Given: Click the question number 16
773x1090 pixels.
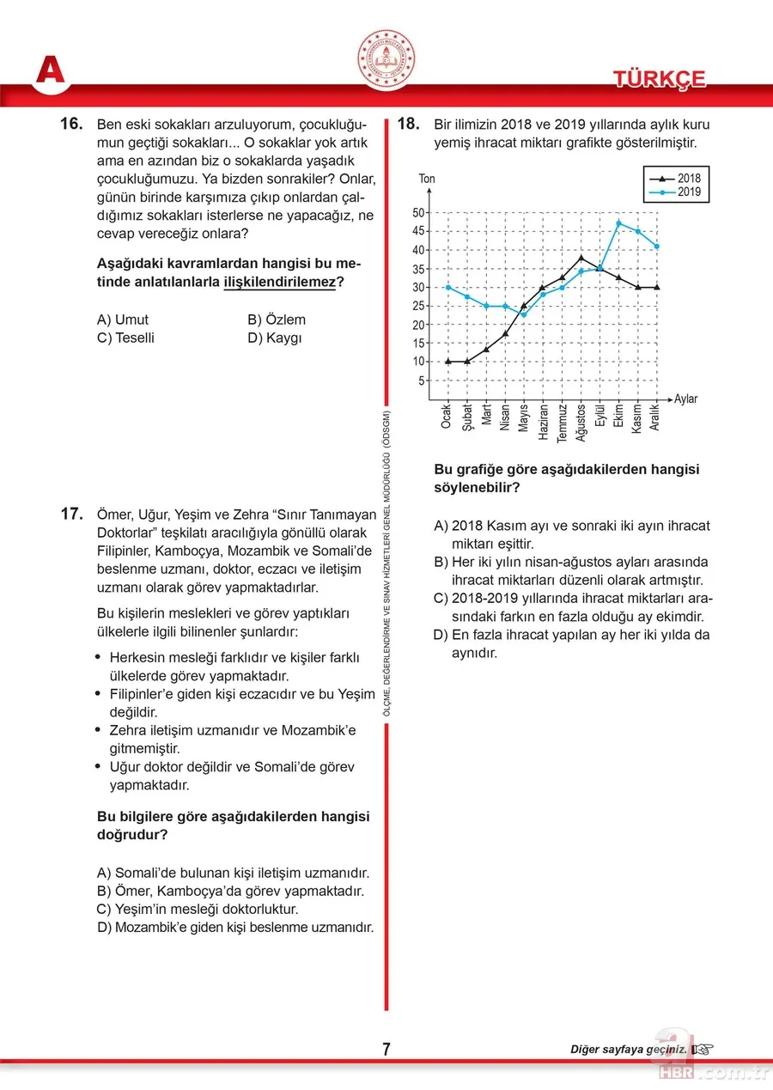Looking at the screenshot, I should tap(70, 125).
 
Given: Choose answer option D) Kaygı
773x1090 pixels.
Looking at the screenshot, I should tap(275, 338).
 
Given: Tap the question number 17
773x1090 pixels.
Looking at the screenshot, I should tap(70, 515).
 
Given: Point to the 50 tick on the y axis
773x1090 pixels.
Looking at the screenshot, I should tap(419, 212).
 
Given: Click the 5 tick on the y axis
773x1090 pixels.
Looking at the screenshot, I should tap(422, 381).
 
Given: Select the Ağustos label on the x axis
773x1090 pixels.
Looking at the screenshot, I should tap(581, 423).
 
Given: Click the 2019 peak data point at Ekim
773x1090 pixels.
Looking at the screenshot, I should tap(618, 223).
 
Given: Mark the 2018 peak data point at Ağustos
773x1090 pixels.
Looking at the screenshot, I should tap(581, 258).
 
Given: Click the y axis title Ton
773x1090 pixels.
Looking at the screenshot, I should tap(427, 180).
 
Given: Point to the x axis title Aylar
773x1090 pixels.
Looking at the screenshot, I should tap(686, 399).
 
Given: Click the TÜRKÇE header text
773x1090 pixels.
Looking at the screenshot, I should tap(659, 79).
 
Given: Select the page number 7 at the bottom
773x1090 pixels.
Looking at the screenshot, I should tap(386, 1049).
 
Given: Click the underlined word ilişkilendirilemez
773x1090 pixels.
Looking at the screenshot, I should tap(278, 281).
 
